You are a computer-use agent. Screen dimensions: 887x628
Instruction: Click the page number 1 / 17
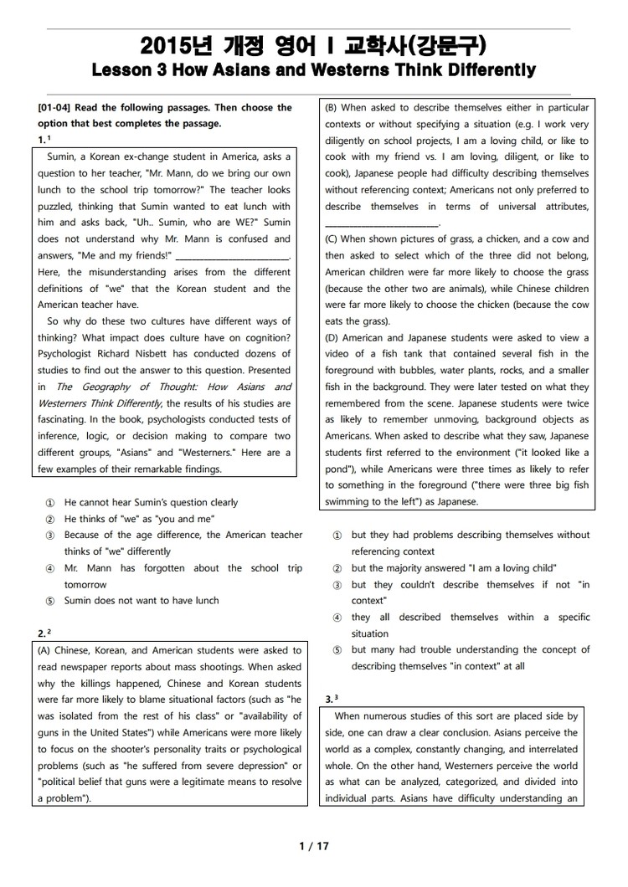tap(314, 846)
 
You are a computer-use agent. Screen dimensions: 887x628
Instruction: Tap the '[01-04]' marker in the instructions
tap(56, 108)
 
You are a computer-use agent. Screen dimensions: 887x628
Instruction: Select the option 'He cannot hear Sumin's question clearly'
tap(151, 503)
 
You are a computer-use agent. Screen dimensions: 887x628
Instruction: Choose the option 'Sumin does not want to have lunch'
tap(142, 601)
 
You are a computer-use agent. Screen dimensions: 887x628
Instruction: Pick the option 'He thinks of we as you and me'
tap(139, 519)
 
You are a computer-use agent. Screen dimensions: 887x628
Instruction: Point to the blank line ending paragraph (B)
tap(381, 223)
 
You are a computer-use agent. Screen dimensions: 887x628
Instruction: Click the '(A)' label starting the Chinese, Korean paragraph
tap(46, 650)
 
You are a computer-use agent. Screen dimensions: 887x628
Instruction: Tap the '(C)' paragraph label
tap(332, 239)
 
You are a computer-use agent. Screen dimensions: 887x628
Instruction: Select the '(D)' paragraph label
tap(332, 338)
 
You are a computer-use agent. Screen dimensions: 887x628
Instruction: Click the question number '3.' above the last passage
tap(329, 698)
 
